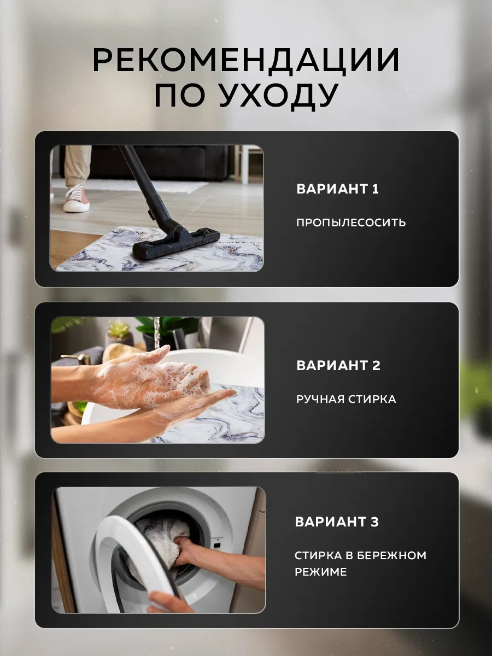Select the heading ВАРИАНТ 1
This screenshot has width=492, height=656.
coord(337,189)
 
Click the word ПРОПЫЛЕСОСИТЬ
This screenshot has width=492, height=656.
coord(351,222)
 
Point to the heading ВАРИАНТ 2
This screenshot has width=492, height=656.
coord(338,366)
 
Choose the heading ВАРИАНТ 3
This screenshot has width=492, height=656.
coord(337,522)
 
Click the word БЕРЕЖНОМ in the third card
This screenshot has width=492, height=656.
coord(391,555)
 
